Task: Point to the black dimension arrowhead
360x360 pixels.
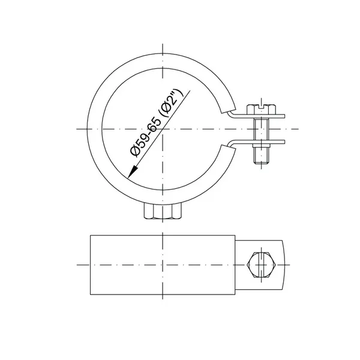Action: pyautogui.click(x=133, y=172)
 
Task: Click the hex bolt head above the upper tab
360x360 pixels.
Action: pyautogui.click(x=262, y=109)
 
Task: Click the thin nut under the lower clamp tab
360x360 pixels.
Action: pyautogui.click(x=262, y=145)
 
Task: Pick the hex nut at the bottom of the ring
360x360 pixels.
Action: pyautogui.click(x=163, y=211)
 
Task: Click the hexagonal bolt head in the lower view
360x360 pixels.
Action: pyautogui.click(x=262, y=265)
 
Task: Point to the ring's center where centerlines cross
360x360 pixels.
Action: pyautogui.click(x=163, y=129)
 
